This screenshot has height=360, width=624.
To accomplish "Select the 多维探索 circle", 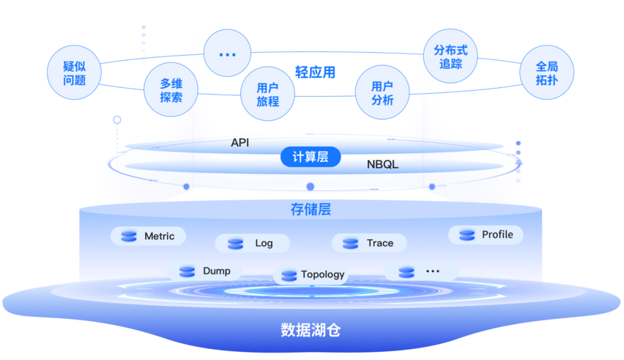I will tap(171, 91).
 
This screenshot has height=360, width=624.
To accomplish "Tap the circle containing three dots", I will tap(228, 54).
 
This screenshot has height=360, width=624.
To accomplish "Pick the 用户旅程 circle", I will tap(268, 94).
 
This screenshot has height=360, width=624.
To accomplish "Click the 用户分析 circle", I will tap(382, 93).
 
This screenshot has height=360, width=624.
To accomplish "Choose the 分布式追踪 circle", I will tap(451, 57).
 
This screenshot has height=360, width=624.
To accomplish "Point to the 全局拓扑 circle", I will tap(547, 73).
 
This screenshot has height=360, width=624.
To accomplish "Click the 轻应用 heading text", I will tap(315, 72).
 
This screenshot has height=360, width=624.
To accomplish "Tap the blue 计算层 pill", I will tap(310, 157).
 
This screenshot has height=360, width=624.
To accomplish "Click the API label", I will tap(240, 142).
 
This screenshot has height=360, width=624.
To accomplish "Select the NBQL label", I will tap(382, 165).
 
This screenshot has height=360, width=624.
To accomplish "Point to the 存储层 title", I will tap(311, 209).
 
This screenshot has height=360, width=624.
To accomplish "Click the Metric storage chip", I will tap(148, 236).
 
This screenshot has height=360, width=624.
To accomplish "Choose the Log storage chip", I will tap(252, 243).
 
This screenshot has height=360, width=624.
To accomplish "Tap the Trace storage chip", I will tap(369, 243).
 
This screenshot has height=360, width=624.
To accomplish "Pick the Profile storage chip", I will tap(486, 235).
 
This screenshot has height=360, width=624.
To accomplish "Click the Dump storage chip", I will tap(205, 271).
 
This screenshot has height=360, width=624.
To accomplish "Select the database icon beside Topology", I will tap(289, 275).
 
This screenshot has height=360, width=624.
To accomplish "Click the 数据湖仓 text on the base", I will tap(311, 330).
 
